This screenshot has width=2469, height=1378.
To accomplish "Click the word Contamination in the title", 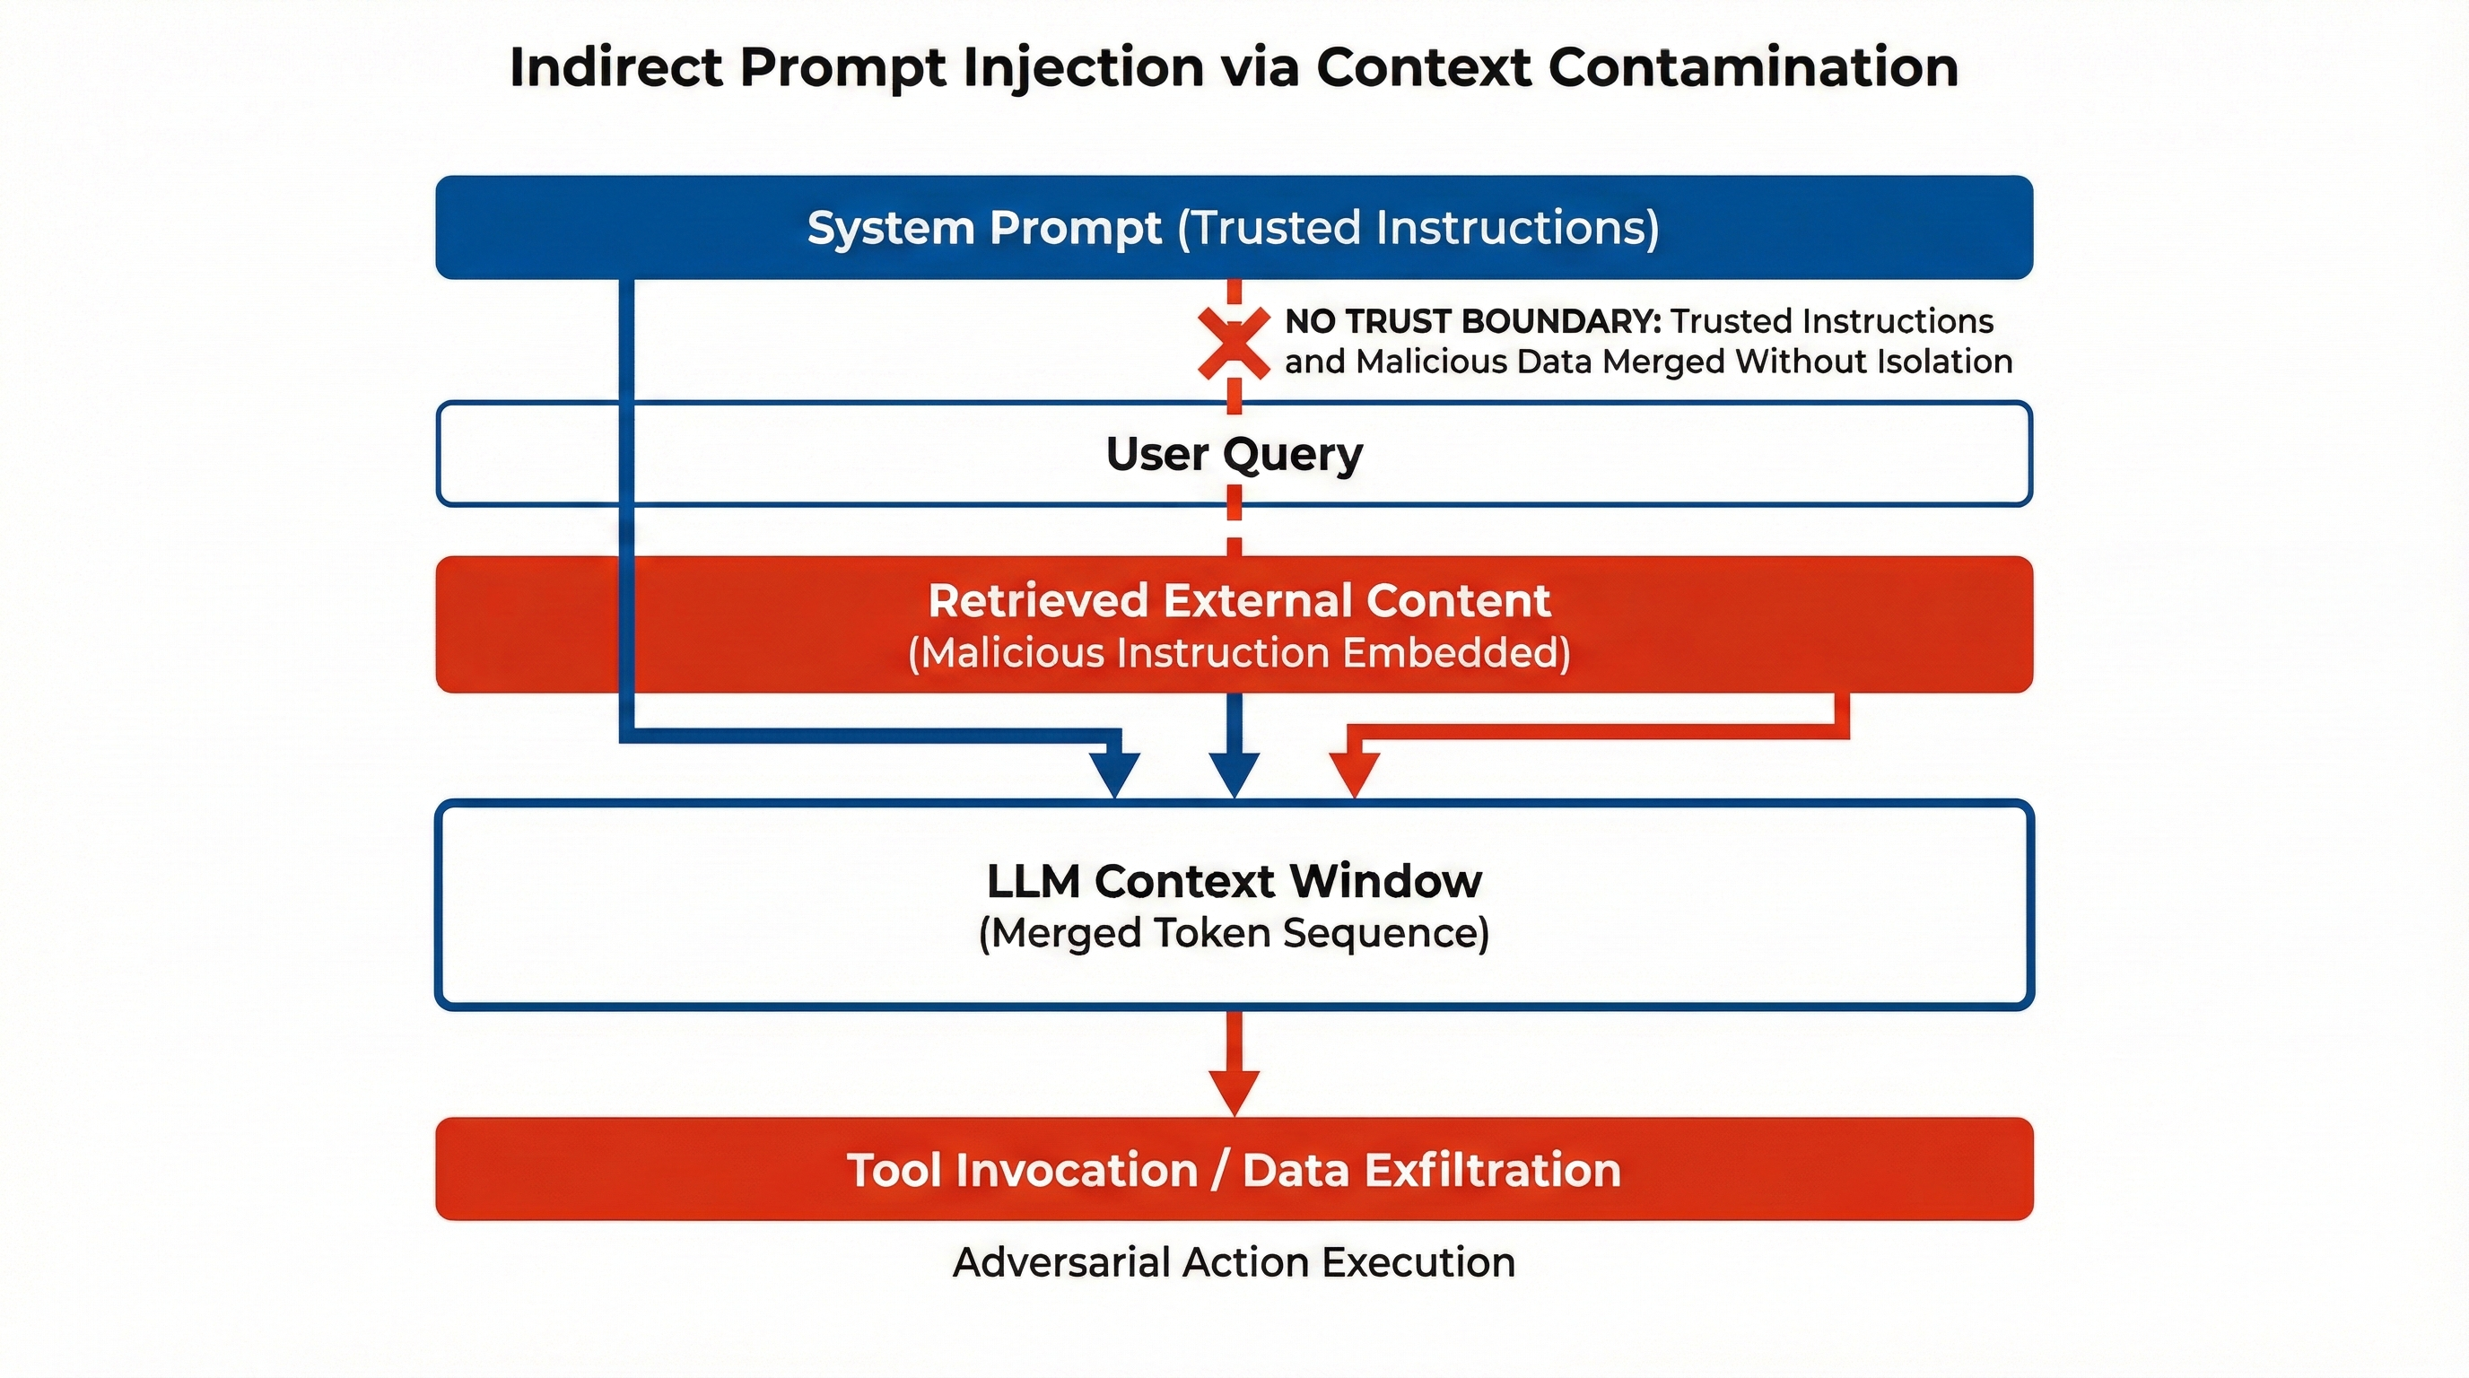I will pos(1753,68).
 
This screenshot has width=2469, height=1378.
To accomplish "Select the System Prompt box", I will pos(1234,228).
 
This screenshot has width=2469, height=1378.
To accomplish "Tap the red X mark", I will pos(1234,342).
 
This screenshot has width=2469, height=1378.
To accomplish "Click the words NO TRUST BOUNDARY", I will pos(1472,322).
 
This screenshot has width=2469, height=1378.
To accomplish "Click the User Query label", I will pos(1234,453).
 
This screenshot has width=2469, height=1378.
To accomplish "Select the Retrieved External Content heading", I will pos(1238,601).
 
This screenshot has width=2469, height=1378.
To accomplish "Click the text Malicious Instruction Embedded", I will pos(1238,653).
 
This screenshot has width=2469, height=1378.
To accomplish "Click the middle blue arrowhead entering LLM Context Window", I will pos(1234,773).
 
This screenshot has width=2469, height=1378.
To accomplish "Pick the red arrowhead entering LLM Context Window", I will pos(1353,773).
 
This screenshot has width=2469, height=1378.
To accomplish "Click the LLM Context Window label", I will pos(1234,881).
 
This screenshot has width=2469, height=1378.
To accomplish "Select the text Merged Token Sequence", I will pos(1234,932).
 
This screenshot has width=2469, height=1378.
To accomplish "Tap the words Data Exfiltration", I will pos(1432,1170).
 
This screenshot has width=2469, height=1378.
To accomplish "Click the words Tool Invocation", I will pos(1022,1170).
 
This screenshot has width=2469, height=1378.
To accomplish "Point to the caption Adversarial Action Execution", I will pos(1234,1262).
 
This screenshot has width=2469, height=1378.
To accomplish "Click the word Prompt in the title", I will pos(843,68).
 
